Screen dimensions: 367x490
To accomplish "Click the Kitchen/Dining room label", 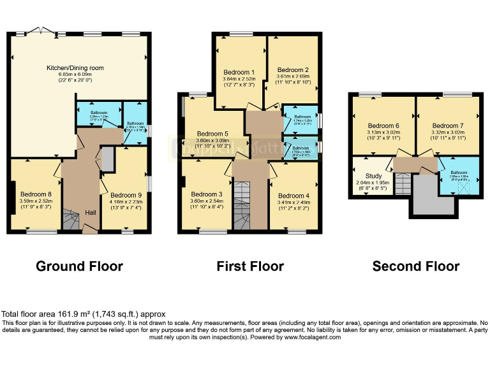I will [75, 68].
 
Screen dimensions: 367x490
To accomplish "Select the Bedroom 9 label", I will [126, 195].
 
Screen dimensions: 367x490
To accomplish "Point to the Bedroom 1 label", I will [239, 72].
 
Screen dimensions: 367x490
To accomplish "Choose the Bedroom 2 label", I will [293, 69].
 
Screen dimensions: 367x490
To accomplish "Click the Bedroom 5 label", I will [212, 134].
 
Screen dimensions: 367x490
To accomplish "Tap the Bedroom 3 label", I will [207, 194].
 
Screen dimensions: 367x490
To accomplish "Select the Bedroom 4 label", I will [293, 196].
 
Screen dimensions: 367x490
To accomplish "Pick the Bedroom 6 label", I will [383, 126].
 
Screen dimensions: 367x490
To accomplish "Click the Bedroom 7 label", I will [447, 126].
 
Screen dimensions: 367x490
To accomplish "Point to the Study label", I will [373, 176].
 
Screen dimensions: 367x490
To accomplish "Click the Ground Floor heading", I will [79, 266].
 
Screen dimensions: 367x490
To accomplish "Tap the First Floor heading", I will [249, 266].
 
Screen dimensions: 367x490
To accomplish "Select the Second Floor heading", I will [415, 266].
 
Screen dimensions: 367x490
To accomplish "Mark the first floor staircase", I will [241, 204].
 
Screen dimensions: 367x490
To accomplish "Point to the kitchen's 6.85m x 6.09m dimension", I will [75, 75].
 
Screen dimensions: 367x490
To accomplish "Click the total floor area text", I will [84, 314].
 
